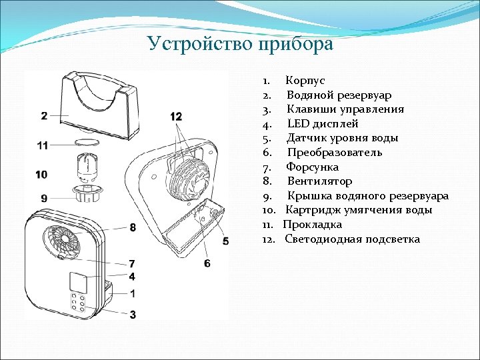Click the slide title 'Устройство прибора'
coord(240,44)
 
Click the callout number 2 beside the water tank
coord(44,116)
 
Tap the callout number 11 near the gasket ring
coord(43,145)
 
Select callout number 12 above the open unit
coord(176,117)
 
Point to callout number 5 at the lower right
coord(225,241)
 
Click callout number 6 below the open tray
coord(207,264)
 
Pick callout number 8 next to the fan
coord(133,228)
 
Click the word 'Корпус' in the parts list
coord(305,81)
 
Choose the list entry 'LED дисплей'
coord(323,124)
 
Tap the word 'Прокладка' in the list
coord(313,225)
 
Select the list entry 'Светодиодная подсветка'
coord(352,239)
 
